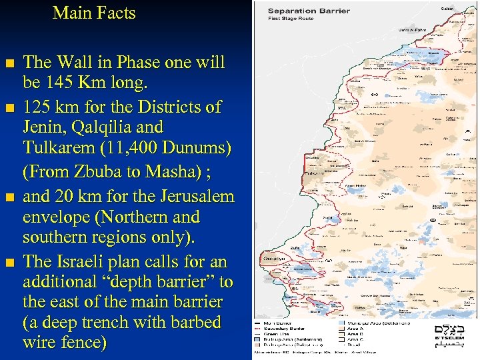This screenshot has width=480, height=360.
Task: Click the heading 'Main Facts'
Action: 94,13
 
